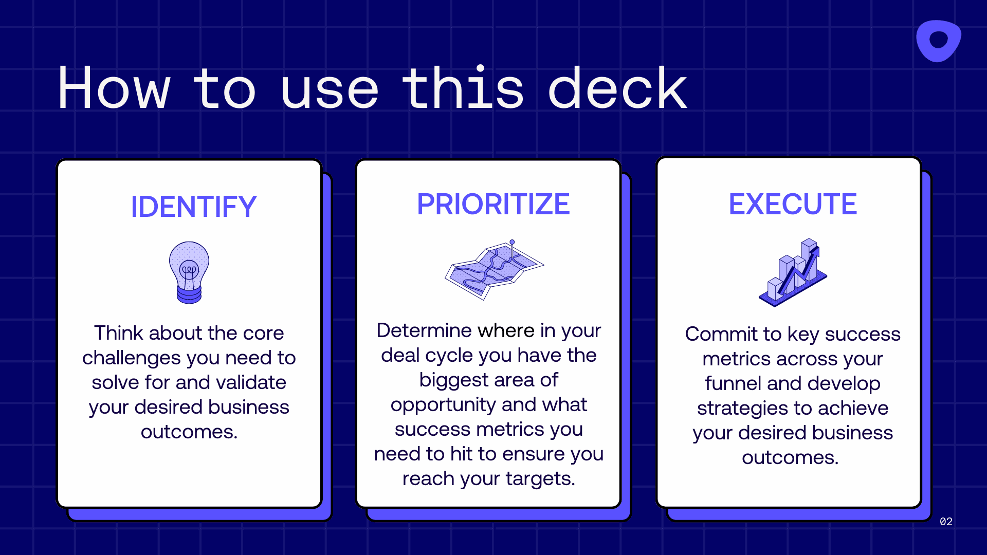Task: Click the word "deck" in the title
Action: click(617, 88)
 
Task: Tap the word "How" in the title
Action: click(114, 88)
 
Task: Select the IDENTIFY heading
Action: click(193, 207)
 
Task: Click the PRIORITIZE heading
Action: click(493, 204)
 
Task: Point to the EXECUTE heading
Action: click(793, 204)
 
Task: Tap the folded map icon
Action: click(493, 270)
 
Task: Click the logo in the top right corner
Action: click(938, 41)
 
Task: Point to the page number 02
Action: click(946, 522)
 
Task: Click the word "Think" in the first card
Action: click(118, 333)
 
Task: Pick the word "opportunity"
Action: click(443, 405)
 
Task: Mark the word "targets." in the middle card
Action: click(540, 479)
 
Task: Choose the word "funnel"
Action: click(733, 383)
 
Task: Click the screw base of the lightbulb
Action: click(189, 295)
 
